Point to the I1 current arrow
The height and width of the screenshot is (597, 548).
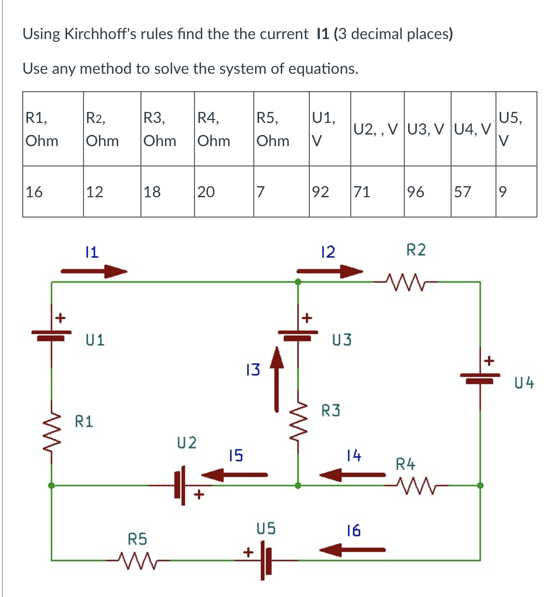pyautogui.click(x=94, y=271)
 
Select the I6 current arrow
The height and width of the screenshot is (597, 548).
pyautogui.click(x=353, y=549)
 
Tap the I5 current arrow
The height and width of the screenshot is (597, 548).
pyautogui.click(x=235, y=475)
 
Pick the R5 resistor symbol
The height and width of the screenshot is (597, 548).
pyautogui.click(x=137, y=560)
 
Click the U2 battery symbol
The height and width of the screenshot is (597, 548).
pyautogui.click(x=180, y=485)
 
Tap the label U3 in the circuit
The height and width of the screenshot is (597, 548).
pyautogui.click(x=342, y=340)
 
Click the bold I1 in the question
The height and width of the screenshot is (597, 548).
pyautogui.click(x=323, y=34)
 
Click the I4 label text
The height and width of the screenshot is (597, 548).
pyautogui.click(x=354, y=455)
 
